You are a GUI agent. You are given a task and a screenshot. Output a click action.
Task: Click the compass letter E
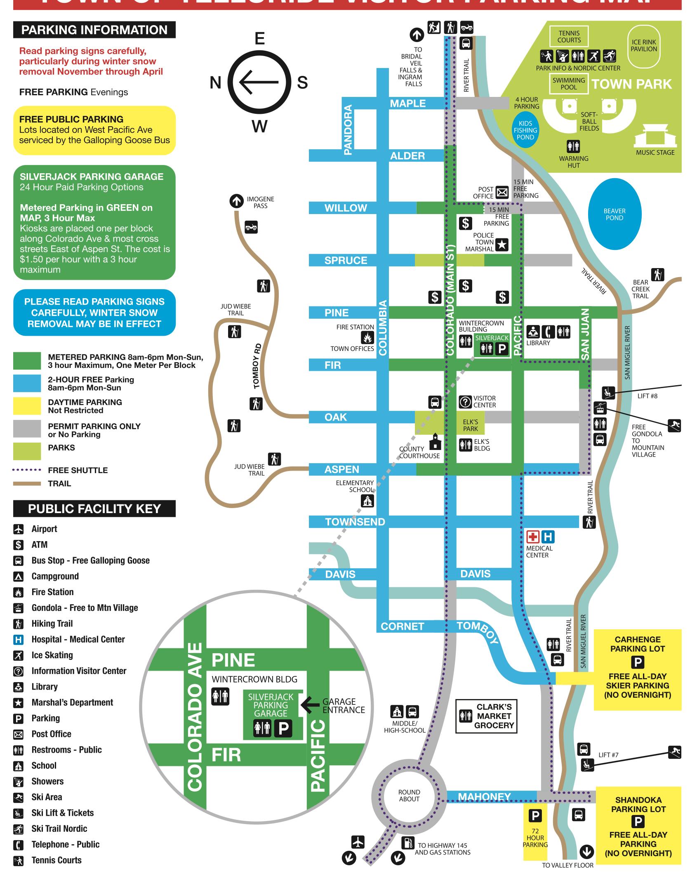pyautogui.click(x=259, y=39)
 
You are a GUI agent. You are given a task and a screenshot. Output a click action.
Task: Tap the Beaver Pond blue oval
pyautogui.click(x=615, y=214)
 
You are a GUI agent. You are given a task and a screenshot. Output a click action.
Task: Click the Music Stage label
pyautogui.click(x=655, y=153)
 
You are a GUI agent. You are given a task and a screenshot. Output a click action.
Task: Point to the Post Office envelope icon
pyautogui.click(x=502, y=193)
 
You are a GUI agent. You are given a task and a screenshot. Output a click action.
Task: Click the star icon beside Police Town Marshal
pyautogui.click(x=502, y=245)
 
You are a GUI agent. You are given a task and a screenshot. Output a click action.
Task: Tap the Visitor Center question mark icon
pyautogui.click(x=465, y=401)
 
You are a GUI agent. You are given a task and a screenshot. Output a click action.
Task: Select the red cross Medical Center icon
pyautogui.click(x=533, y=537)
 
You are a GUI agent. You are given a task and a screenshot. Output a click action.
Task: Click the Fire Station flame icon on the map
pyautogui.click(x=367, y=338)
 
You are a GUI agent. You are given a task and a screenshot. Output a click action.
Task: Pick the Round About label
pyautogui.click(x=409, y=796)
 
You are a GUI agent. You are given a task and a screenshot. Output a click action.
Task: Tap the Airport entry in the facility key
pyautogui.click(x=44, y=529)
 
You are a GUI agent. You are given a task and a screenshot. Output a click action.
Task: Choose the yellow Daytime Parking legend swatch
pyautogui.click(x=27, y=406)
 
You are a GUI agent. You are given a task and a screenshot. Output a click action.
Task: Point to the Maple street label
pyautogui.click(x=407, y=104)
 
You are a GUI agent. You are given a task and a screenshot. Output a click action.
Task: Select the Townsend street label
pyautogui.click(x=355, y=522)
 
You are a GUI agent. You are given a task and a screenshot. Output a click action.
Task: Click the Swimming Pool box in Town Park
pyautogui.click(x=569, y=83)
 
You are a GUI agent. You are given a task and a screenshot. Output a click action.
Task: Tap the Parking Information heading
pyautogui.click(x=94, y=30)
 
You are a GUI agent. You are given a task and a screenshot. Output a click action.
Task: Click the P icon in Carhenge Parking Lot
pyautogui.click(x=637, y=663)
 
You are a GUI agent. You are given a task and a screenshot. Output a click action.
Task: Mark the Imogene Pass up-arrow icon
pyautogui.click(x=237, y=202)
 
